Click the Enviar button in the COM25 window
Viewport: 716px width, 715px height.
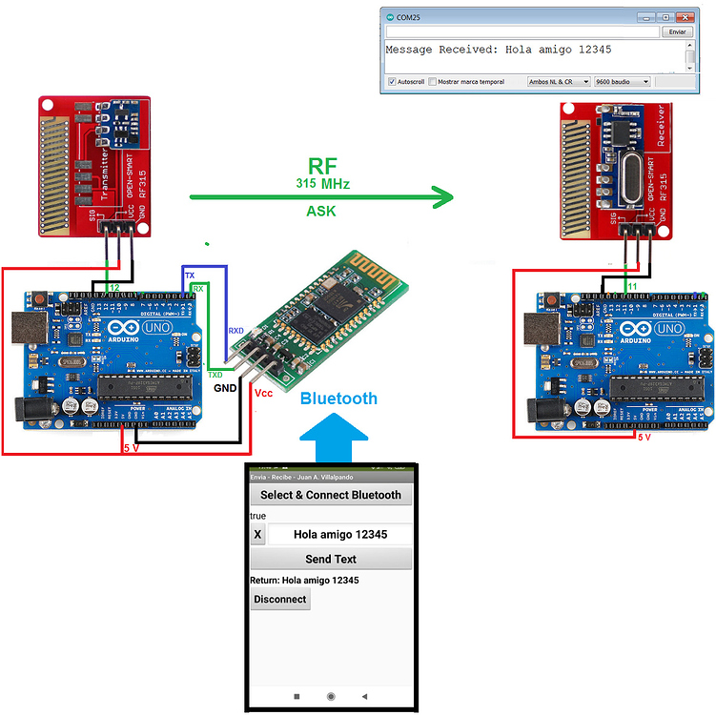click(x=676, y=31)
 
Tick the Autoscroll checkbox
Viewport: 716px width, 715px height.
click(x=392, y=82)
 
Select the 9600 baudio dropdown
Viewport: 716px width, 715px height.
click(x=621, y=82)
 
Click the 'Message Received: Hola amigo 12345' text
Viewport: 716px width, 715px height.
click(x=498, y=50)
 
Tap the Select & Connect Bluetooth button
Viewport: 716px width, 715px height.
click(x=331, y=495)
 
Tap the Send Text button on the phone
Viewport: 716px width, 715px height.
click(x=331, y=559)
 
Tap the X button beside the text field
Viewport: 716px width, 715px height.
click(x=257, y=535)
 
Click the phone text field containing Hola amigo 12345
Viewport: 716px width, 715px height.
click(x=340, y=535)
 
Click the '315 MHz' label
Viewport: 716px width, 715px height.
click(x=322, y=182)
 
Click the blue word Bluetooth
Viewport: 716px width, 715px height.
click(x=338, y=398)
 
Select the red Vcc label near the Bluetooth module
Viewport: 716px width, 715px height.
click(x=264, y=392)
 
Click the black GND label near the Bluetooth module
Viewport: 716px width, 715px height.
click(x=225, y=389)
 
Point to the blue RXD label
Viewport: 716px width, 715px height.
click(x=235, y=331)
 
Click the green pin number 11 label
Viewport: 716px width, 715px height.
click(x=631, y=286)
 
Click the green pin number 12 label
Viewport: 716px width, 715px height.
click(x=113, y=287)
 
